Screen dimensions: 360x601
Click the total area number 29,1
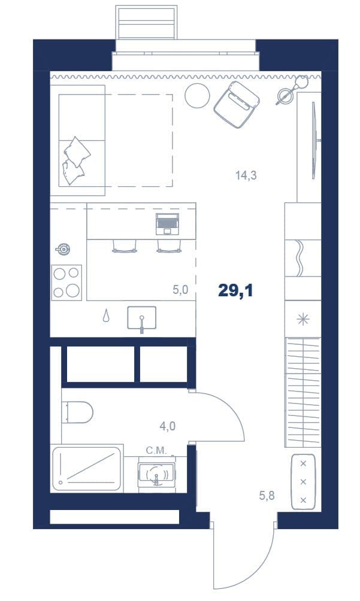click(x=235, y=291)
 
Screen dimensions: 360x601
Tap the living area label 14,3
click(x=246, y=176)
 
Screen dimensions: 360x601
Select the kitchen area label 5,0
click(x=180, y=290)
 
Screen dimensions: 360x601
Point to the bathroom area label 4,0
click(x=168, y=426)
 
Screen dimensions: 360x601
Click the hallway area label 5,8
click(x=267, y=496)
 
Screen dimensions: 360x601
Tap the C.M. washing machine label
click(x=156, y=451)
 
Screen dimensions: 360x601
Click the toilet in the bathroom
click(x=77, y=412)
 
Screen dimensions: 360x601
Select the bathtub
click(x=87, y=468)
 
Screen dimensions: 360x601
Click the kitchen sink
click(x=142, y=318)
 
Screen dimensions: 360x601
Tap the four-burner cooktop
click(x=66, y=283)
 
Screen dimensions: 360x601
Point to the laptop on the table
click(x=167, y=224)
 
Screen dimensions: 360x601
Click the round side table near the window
click(x=197, y=96)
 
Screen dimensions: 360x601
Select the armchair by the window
click(x=237, y=105)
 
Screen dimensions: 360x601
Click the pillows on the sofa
click(x=76, y=161)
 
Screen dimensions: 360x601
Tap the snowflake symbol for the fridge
click(x=303, y=319)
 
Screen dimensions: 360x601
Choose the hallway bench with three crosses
click(x=303, y=482)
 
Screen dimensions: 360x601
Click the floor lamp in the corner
click(x=294, y=89)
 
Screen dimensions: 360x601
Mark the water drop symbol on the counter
click(x=106, y=316)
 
